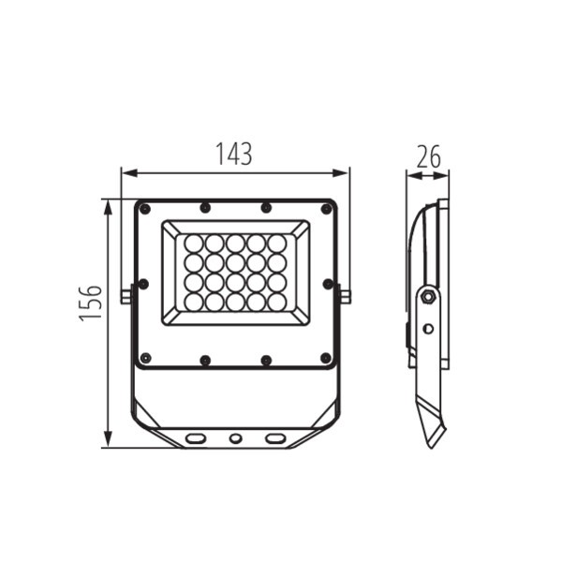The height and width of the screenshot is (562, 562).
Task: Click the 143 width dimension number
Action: tap(233, 155)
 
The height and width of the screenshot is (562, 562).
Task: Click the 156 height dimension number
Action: tap(91, 303)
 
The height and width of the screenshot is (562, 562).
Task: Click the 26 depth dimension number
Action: tap(428, 157)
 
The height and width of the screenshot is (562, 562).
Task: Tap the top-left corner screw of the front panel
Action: tap(144, 209)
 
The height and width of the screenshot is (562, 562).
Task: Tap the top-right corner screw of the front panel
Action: tap(326, 209)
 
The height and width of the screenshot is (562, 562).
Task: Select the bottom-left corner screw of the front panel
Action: tap(145, 358)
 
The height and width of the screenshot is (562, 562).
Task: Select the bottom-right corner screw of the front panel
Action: tap(325, 358)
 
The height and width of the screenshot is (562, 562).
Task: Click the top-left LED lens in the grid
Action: tap(194, 244)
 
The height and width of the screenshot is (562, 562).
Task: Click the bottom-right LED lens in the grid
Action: tap(277, 302)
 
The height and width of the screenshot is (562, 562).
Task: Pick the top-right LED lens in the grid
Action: tap(277, 244)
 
